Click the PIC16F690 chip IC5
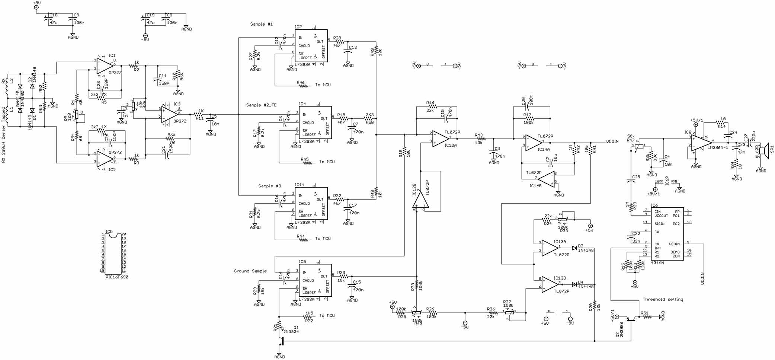click(x=113, y=255)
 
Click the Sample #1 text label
click(x=261, y=24)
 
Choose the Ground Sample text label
click(x=250, y=271)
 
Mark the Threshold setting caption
click(x=663, y=299)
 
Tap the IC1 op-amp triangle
click(x=105, y=65)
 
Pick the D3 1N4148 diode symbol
click(x=574, y=247)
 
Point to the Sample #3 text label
click(x=270, y=186)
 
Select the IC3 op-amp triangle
click(x=169, y=113)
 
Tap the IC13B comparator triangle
click(x=549, y=284)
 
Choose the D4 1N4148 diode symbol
click(x=574, y=284)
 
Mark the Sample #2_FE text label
click(x=261, y=105)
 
